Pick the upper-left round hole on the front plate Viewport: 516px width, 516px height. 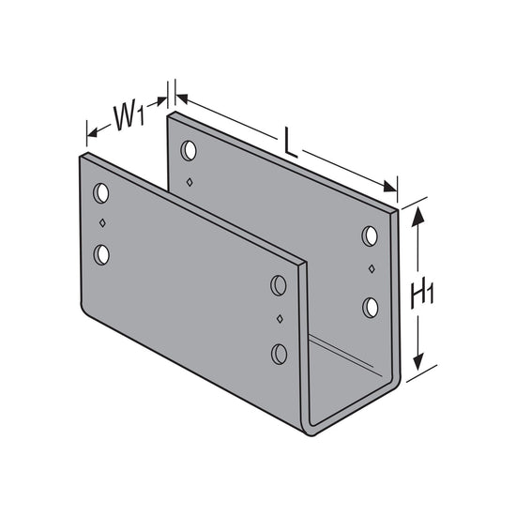click(x=101, y=194)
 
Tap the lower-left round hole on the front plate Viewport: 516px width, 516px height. click(x=101, y=253)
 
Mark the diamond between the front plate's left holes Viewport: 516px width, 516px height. click(x=101, y=224)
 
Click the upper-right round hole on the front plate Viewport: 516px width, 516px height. click(x=279, y=285)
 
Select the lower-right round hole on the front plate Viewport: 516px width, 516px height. click(x=279, y=353)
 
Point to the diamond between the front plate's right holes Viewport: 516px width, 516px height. click(x=279, y=320)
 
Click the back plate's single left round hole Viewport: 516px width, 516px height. click(x=189, y=150)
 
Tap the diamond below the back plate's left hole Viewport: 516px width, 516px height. click(x=189, y=180)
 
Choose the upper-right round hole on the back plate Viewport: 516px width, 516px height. click(x=371, y=235)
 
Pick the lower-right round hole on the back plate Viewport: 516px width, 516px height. click(x=371, y=306)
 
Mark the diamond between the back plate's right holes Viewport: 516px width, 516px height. click(x=371, y=270)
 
